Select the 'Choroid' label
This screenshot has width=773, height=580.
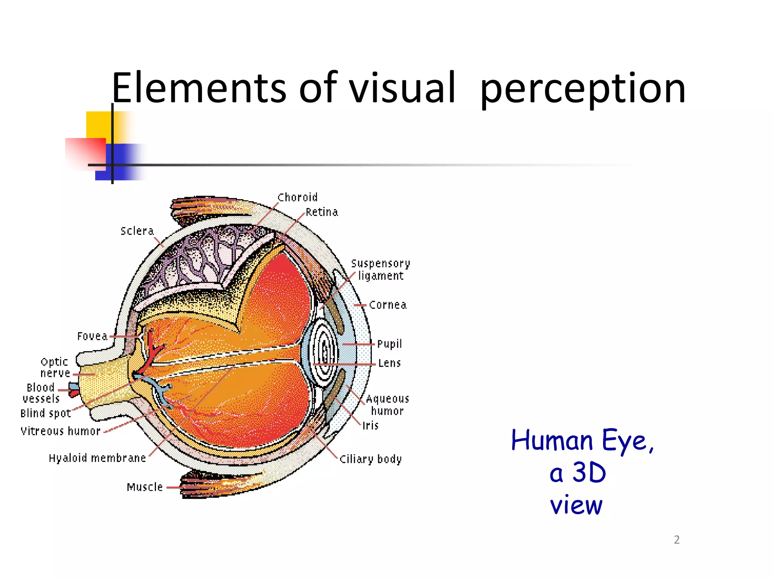pos(297,197)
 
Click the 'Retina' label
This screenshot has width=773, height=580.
pos(322,212)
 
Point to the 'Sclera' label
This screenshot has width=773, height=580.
pos(137,231)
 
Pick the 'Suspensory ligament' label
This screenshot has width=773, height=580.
pos(380,270)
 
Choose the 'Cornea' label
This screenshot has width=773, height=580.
pos(388,305)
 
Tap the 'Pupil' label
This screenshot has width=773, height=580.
pos(390,344)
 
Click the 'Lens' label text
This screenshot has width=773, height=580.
pos(390,363)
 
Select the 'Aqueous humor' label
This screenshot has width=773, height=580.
pos(387,405)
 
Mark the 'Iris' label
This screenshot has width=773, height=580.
pos(370,426)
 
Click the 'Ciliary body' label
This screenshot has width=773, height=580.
pos(371,459)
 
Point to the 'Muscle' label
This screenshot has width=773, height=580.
pos(145,487)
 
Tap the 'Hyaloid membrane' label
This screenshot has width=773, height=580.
pos(97,458)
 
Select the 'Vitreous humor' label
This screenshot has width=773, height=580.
pos(60,431)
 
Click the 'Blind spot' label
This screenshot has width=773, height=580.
pos(46,413)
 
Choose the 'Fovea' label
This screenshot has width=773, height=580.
pos(92,336)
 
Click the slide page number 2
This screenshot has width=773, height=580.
pos(677,540)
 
